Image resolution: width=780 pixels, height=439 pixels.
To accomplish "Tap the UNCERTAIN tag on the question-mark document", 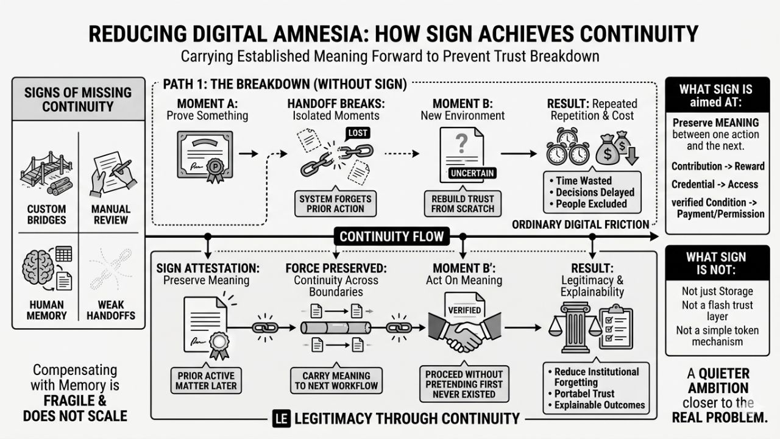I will pos(472,173).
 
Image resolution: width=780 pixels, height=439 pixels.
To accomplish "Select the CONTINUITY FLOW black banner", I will pos(391,236).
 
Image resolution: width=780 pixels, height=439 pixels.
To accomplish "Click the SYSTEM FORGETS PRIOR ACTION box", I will pos(335,202).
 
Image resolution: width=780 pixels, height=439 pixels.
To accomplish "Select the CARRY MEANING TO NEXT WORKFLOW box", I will pos(336,380).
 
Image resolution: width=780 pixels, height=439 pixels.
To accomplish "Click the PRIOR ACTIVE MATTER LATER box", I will pos(207,380).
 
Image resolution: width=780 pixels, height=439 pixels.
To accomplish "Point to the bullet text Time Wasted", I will pos(583,180).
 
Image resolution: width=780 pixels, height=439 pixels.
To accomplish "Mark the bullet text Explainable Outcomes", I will pos(598,405).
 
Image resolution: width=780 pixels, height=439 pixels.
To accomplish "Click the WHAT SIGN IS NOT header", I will pos(715,263).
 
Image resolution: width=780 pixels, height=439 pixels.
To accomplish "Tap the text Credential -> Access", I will pos(714,184).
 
